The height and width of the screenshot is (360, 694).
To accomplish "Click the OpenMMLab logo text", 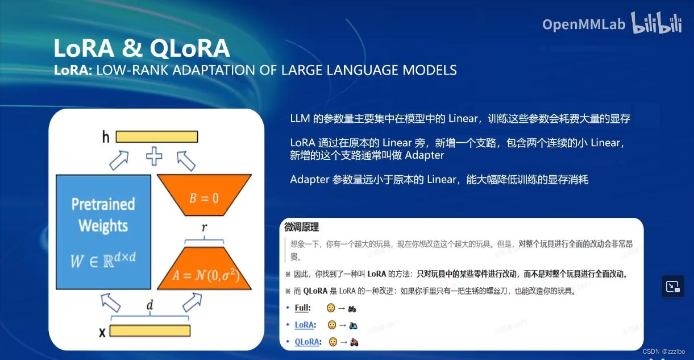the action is click(583, 24).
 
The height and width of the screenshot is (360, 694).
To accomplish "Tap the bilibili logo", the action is click(657, 23).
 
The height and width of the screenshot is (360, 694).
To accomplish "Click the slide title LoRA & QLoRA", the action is click(142, 48).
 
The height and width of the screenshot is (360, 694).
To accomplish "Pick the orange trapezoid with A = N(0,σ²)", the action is click(203, 267).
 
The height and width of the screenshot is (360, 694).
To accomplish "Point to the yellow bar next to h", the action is click(157, 136).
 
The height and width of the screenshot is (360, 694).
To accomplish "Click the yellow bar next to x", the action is click(149, 331).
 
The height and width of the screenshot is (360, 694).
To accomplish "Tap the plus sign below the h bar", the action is click(154, 156).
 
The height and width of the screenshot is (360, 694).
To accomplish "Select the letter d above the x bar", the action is click(150, 305).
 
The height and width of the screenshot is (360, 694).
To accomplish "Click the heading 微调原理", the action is click(301, 227).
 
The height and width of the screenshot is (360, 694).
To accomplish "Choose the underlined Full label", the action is click(302, 308).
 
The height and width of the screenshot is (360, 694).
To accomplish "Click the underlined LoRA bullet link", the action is click(305, 325).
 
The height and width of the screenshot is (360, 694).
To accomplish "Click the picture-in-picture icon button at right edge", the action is click(673, 287).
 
